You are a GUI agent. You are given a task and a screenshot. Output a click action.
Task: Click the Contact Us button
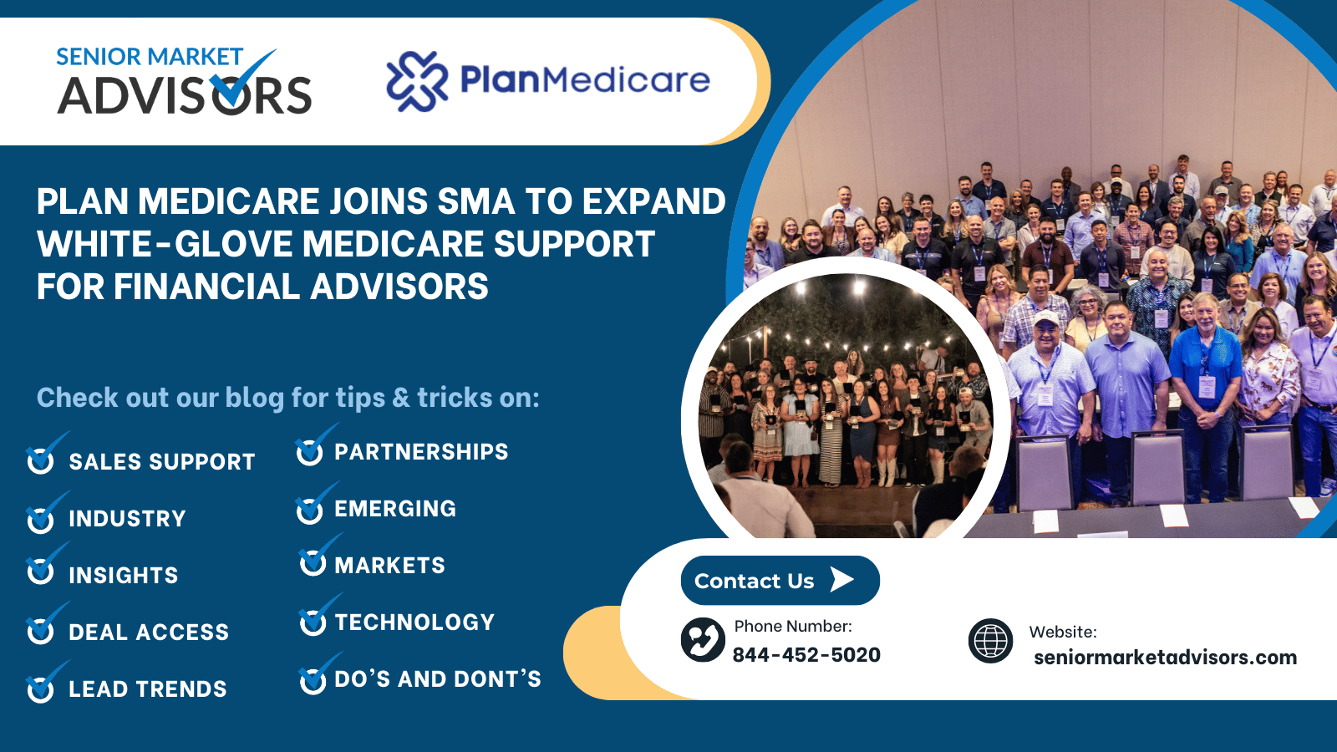780,580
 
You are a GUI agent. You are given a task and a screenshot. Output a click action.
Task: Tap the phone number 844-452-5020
806,655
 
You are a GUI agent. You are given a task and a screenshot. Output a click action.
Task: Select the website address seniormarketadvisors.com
1165,657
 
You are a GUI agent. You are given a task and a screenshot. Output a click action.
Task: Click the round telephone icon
703,640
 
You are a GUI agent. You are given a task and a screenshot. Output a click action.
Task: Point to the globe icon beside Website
990,641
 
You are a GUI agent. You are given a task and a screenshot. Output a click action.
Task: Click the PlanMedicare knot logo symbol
417,81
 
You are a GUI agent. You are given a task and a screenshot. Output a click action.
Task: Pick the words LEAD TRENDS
147,689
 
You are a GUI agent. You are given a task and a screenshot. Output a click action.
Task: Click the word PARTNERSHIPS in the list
421,452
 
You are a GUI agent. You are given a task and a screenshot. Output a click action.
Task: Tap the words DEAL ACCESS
149,632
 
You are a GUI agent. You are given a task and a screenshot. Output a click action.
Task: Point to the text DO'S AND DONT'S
438,678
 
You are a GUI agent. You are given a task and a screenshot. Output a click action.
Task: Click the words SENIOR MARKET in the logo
150,57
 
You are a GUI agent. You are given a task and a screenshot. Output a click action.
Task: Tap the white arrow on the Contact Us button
842,580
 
